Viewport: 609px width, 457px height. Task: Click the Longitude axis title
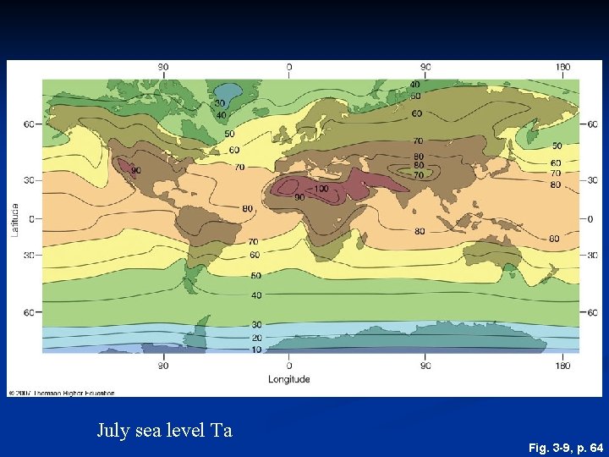coord(289,379)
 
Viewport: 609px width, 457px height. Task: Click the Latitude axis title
coord(14,219)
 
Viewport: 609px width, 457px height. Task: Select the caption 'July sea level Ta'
coord(164,431)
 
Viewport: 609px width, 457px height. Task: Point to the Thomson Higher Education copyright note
coord(61,393)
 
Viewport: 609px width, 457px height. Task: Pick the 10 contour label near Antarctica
coord(255,350)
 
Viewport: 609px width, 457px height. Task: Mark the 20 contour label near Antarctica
coord(255,338)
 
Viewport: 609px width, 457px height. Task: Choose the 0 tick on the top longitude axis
coord(289,67)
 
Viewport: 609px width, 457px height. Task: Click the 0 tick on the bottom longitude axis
coord(289,366)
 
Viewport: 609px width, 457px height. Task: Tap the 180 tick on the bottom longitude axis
coord(562,366)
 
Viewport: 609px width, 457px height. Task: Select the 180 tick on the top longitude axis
coord(562,67)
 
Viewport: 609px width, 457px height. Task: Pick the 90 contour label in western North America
coord(135,170)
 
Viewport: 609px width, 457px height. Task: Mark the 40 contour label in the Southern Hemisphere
coord(255,295)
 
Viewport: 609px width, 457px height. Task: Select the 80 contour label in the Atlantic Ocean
coord(248,208)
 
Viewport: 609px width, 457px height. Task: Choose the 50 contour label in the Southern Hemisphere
coord(255,276)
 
